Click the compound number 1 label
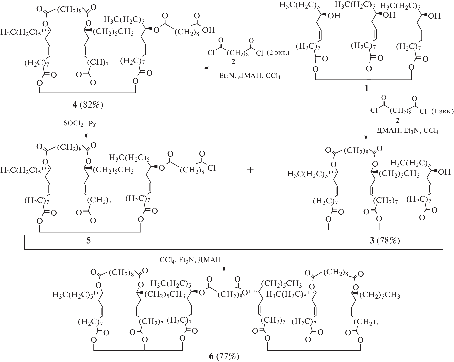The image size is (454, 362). click(366, 88)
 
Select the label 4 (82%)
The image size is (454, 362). click(88, 105)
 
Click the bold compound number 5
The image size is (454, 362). click(88, 240)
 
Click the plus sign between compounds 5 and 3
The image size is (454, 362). click(250, 170)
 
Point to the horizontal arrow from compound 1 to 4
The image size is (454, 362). click(248, 68)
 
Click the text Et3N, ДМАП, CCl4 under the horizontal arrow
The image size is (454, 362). click(248, 76)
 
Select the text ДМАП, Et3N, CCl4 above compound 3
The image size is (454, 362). click(407, 131)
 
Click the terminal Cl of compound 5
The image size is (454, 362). click(211, 168)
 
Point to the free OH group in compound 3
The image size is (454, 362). click(444, 172)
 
